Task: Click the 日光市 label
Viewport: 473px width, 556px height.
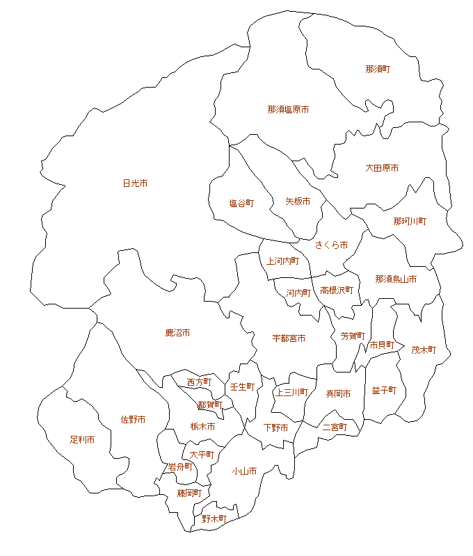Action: (x=135, y=183)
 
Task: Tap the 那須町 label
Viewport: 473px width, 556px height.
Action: (x=378, y=69)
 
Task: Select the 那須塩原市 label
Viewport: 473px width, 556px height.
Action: (x=288, y=110)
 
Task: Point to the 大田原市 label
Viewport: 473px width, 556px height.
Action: (x=382, y=168)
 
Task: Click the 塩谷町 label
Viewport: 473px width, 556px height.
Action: (x=241, y=204)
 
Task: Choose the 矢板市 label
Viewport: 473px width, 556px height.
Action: (x=298, y=202)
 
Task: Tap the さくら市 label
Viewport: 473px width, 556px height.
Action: (x=331, y=245)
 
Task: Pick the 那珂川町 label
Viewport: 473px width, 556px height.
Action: (x=410, y=221)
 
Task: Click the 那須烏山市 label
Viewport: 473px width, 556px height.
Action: (x=396, y=279)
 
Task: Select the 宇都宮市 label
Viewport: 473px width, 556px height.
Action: (x=289, y=338)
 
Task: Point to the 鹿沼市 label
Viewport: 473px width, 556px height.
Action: (x=177, y=333)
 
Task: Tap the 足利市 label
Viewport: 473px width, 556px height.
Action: (x=82, y=440)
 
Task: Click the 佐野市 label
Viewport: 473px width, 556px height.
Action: (x=133, y=420)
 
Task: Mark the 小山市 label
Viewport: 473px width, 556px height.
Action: (x=244, y=471)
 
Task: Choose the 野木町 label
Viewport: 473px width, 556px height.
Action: (x=214, y=519)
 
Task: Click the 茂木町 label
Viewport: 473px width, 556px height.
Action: (x=423, y=350)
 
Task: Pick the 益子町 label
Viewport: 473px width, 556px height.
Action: (x=383, y=391)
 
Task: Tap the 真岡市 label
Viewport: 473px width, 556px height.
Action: (x=338, y=394)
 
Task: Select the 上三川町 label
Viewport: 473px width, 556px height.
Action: (x=291, y=392)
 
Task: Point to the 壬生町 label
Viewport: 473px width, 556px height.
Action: (x=242, y=386)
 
